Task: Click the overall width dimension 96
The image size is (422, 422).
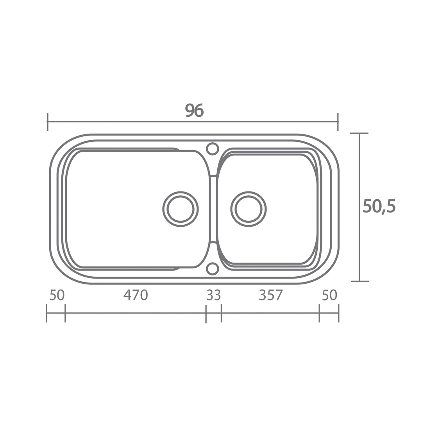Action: pos(194,110)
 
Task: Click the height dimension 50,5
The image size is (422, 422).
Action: pos(379,206)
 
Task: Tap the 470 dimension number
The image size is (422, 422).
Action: pos(136,295)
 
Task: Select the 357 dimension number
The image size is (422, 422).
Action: pos(271,295)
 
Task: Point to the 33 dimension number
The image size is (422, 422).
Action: pos(214,295)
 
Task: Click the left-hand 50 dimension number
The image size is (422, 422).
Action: pos(57,295)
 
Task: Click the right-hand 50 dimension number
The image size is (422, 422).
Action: pos(329,295)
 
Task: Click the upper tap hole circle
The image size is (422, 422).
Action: pos(212,148)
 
